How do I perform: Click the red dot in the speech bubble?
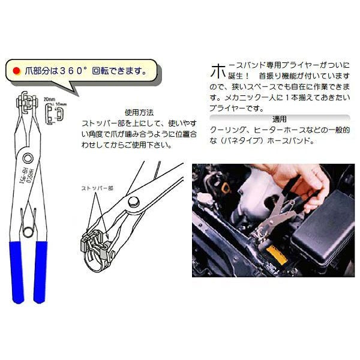[16, 70]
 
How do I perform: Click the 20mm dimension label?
[49, 98]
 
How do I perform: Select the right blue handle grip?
[41, 267]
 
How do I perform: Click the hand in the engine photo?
[300, 183]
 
